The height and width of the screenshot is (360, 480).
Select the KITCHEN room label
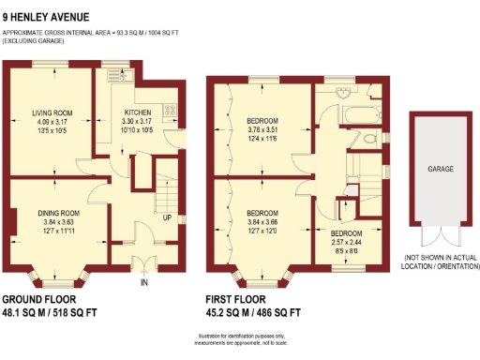click(138, 113)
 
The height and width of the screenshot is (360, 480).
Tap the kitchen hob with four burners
click(172, 111)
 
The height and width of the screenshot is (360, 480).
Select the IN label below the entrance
click(144, 281)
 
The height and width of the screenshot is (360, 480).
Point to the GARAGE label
click(441, 170)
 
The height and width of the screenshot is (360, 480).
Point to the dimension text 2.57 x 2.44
click(345, 241)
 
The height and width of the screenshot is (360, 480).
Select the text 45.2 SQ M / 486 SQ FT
click(253, 312)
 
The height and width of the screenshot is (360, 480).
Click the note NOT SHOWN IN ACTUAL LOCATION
click(439, 261)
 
